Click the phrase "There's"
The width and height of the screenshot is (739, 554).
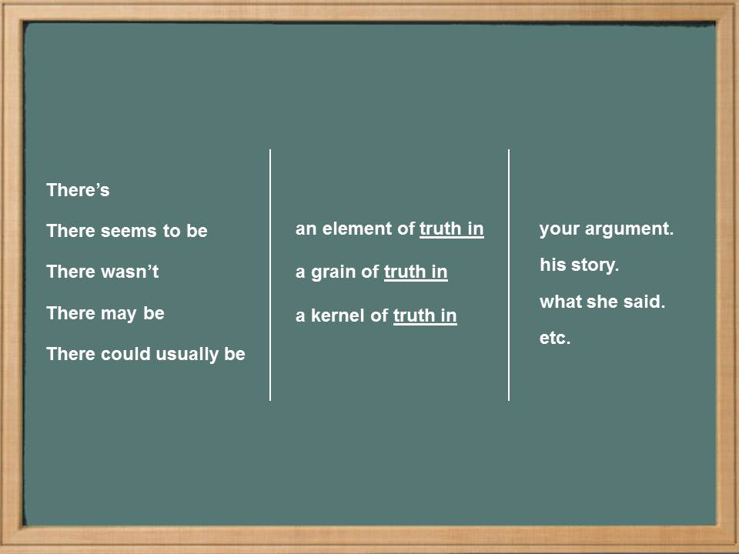tap(78, 190)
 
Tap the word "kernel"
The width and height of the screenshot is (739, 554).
tap(338, 315)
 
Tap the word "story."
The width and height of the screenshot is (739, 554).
tap(595, 265)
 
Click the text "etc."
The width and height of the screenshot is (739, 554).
tap(555, 338)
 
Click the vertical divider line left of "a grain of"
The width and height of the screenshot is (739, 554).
tap(270, 275)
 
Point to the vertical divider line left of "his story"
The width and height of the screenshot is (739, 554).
tap(509, 275)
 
